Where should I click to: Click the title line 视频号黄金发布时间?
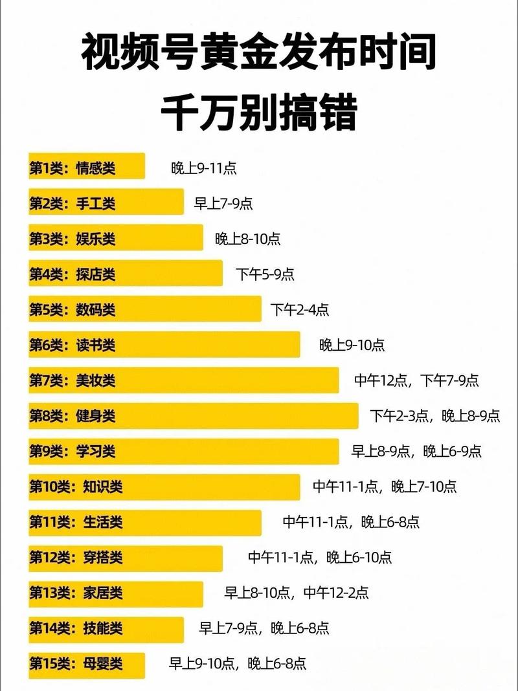coord(259,54)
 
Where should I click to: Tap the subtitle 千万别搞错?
coord(259,115)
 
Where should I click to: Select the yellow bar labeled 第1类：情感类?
coord(86,166)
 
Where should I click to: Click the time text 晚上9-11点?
coord(204,168)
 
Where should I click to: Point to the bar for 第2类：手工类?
coord(106,202)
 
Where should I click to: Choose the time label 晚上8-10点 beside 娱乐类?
coord(248,239)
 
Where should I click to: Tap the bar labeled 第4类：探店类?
coord(125,273)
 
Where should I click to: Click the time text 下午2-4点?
coord(300,309)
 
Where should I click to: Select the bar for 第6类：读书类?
coord(164,344)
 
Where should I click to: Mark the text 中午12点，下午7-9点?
coord(416,380)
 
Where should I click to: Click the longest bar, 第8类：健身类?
coord(193,415)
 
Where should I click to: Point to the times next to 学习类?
coord(416,451)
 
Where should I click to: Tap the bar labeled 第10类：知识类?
coord(164,487)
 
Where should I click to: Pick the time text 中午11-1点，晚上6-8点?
coord(351,521)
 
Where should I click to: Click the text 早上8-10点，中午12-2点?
coord(297,592)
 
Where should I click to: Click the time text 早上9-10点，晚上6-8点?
coord(238,663)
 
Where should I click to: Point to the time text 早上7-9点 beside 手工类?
coord(223,204)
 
